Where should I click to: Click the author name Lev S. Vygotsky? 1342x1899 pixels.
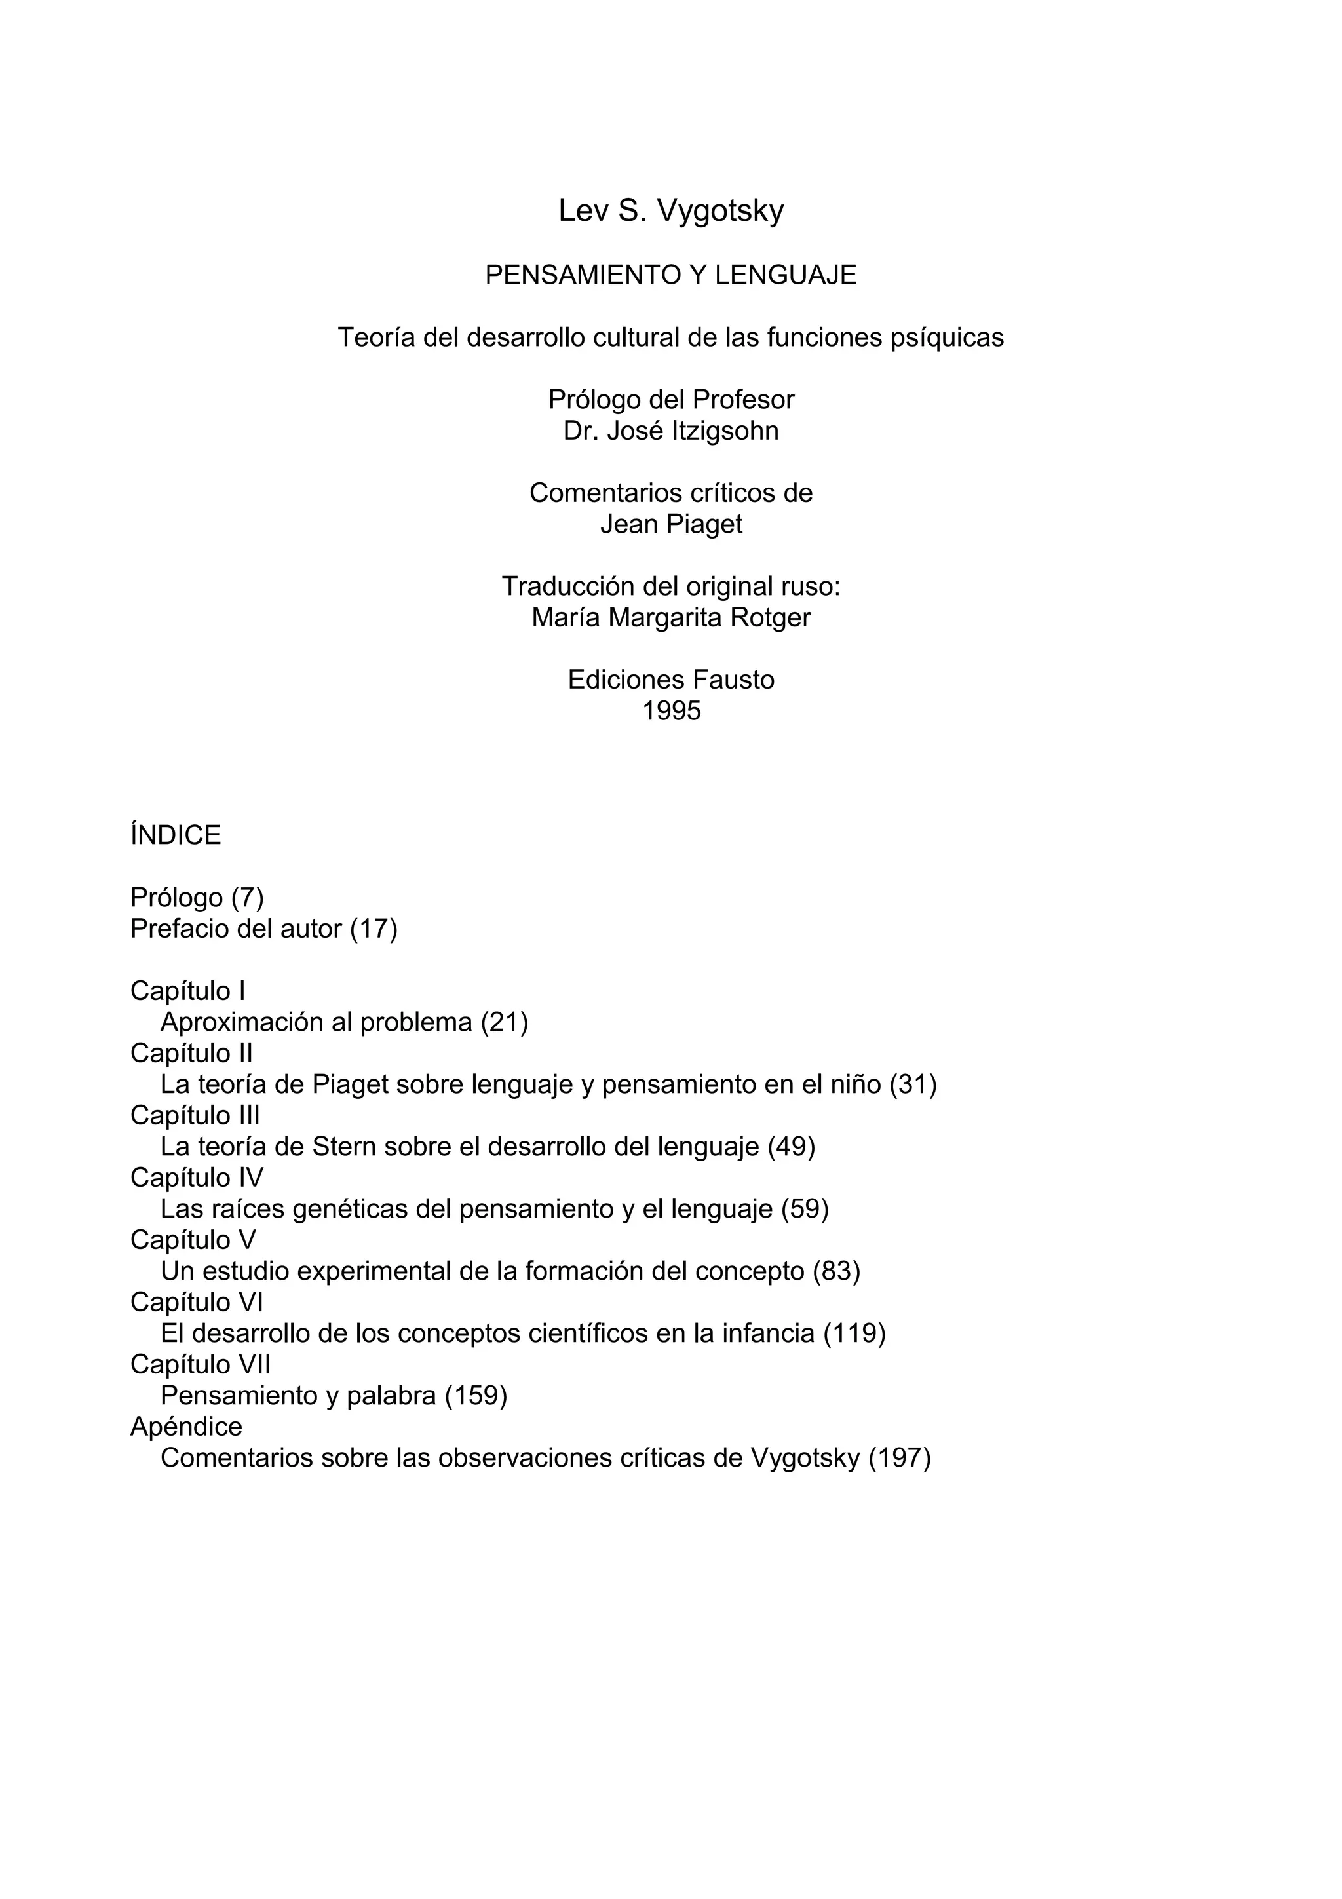pos(670,211)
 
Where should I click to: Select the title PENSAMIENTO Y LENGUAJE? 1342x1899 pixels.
pos(670,275)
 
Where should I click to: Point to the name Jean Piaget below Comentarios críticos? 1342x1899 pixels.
pos(670,524)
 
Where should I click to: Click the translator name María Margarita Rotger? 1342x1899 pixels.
pos(670,618)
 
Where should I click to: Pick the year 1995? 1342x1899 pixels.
pos(670,711)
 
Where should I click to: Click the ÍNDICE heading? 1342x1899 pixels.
pos(176,835)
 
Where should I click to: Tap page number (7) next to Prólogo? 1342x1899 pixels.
pos(247,897)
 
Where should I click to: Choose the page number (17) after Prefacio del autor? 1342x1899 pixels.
pos(374,929)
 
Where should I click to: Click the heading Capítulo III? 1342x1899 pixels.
pos(195,1115)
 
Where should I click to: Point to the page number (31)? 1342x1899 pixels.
pos(913,1084)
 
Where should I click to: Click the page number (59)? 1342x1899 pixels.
pos(805,1208)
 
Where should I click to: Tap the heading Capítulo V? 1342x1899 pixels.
pos(193,1240)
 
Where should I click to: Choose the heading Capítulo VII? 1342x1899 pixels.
pos(200,1364)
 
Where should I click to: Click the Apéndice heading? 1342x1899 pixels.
pos(186,1426)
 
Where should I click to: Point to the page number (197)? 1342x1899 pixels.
pos(900,1457)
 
